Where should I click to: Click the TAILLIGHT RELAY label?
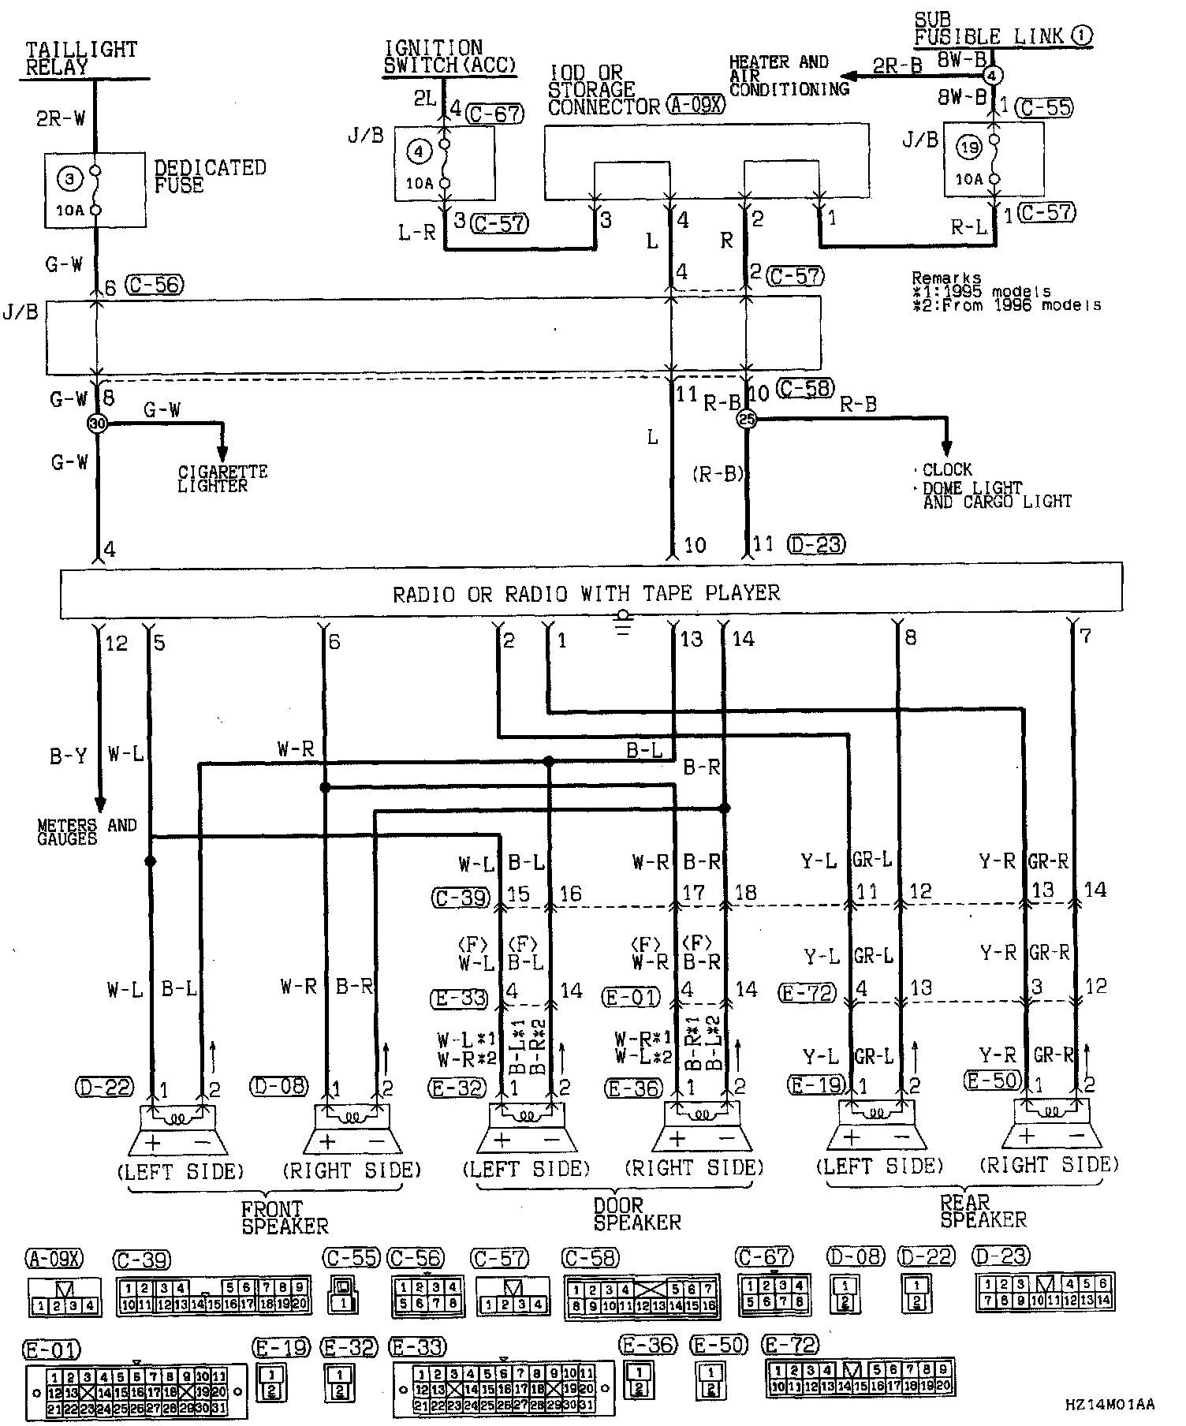(x=80, y=58)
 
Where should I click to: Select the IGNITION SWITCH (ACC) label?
(x=449, y=57)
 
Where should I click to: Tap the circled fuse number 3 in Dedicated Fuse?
(x=69, y=179)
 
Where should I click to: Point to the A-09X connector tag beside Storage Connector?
(x=696, y=105)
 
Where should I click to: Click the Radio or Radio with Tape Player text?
(x=586, y=593)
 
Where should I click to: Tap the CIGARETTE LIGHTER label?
(x=222, y=479)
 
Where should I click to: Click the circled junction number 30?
(x=97, y=424)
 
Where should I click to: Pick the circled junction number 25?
(x=746, y=420)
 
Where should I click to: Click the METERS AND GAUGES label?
(x=87, y=832)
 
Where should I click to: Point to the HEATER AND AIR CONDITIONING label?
(x=789, y=75)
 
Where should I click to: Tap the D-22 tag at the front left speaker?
(x=105, y=1086)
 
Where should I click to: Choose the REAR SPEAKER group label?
(x=983, y=1211)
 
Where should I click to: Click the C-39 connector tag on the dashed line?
(x=462, y=898)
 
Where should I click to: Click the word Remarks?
(x=946, y=278)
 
